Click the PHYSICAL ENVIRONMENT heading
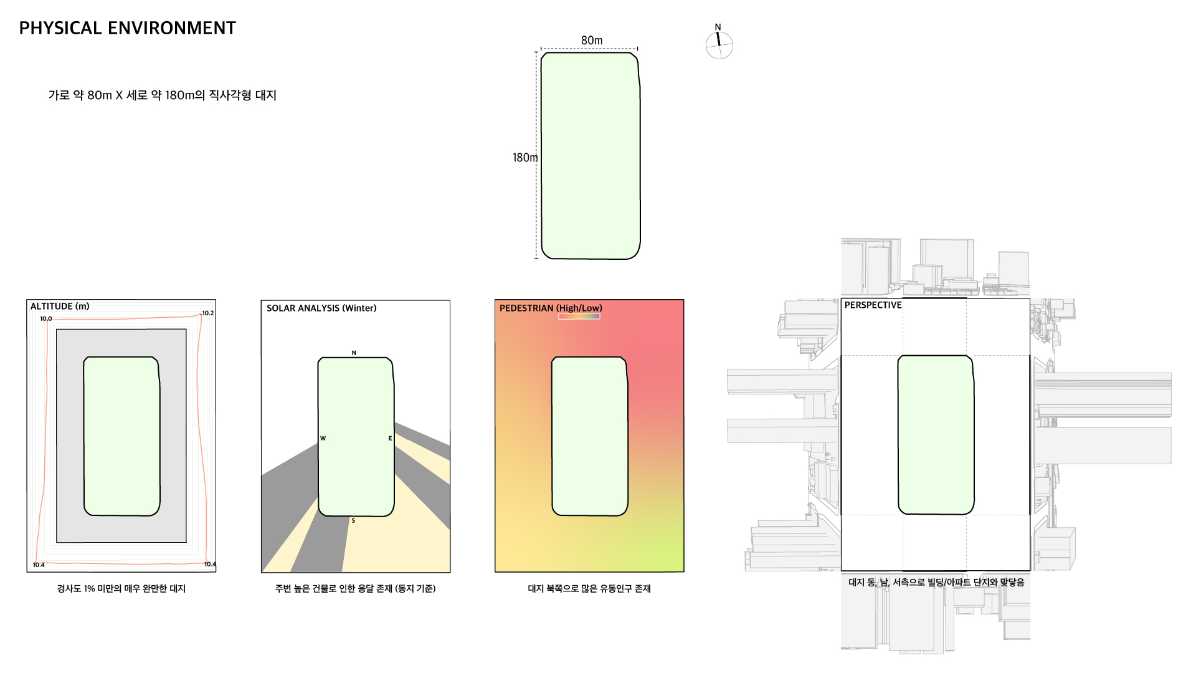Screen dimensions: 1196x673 pos(127,28)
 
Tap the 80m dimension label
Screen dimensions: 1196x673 pos(592,41)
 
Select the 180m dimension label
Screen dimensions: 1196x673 pos(525,158)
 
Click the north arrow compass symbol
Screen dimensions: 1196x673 pos(719,44)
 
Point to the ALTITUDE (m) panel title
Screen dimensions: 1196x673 pos(60,307)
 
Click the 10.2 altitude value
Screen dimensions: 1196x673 pos(207,313)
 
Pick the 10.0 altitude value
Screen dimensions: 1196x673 pos(46,318)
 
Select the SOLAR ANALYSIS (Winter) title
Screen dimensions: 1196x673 pos(321,308)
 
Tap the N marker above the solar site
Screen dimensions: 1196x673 pos(354,353)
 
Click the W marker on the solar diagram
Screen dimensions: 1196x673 pos(323,438)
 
